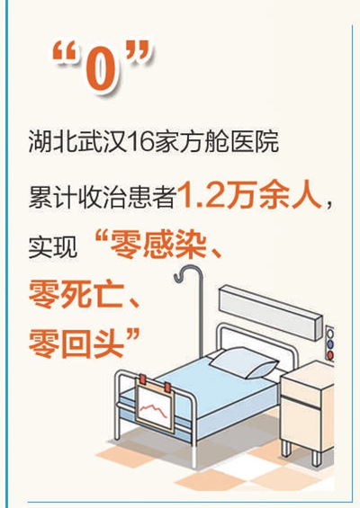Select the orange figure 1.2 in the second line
tap(202, 192)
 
